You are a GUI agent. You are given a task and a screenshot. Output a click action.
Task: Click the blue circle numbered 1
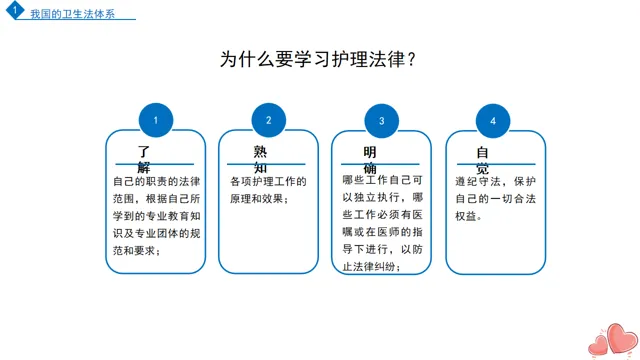[x=156, y=120]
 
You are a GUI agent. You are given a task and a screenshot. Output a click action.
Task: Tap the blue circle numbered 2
[x=269, y=120]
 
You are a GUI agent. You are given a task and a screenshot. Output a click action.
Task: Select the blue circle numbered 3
[x=381, y=121]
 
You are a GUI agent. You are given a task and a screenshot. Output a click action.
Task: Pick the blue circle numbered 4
[x=493, y=121]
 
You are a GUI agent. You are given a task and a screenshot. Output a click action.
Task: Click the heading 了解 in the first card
[x=144, y=159]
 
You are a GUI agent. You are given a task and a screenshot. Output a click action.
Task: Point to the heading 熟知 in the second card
[x=260, y=159]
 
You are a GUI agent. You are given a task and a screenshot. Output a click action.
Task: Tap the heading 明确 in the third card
[x=370, y=160]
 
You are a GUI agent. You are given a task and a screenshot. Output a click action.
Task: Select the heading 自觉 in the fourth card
[x=482, y=160]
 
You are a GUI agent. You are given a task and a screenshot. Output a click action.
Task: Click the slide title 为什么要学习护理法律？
[x=318, y=59]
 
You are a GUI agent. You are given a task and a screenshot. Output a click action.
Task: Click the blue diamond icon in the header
[x=15, y=9]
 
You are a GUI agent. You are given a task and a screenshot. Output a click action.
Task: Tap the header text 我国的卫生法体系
[x=73, y=14]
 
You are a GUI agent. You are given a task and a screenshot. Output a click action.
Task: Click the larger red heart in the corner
[x=622, y=338]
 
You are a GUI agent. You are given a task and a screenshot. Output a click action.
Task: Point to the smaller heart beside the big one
[x=599, y=345]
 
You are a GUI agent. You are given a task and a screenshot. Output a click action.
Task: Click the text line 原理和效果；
[x=259, y=199]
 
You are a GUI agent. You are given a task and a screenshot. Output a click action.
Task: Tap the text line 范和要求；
[x=137, y=250]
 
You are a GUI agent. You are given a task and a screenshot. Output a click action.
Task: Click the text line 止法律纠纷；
[x=372, y=267]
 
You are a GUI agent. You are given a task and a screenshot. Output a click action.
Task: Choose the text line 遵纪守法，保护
[x=496, y=181]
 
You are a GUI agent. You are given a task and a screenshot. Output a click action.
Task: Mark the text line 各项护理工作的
[x=268, y=181]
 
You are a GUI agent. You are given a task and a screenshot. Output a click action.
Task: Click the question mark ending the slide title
[x=411, y=59]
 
